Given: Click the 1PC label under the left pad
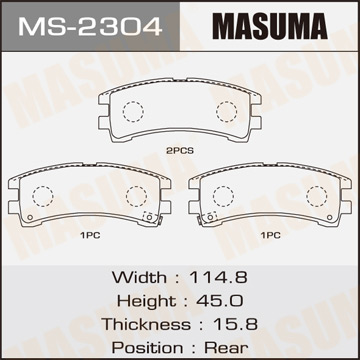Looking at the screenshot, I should tap(89, 236).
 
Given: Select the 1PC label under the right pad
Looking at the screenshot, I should tap(269, 236).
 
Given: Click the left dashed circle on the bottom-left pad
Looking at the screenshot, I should tap(43, 196).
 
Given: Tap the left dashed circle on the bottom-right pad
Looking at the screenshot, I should tap(223, 196).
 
